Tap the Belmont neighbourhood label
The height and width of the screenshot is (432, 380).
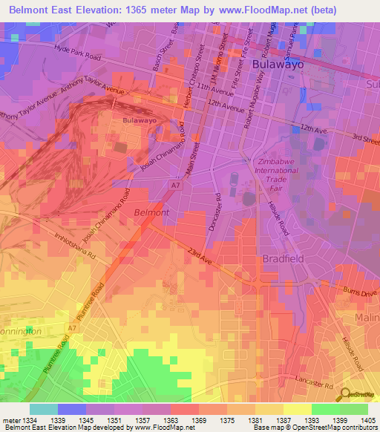[x=151, y=212]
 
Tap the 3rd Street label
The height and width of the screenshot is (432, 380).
[x=366, y=138]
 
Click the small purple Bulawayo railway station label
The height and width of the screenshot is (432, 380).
[x=139, y=120]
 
